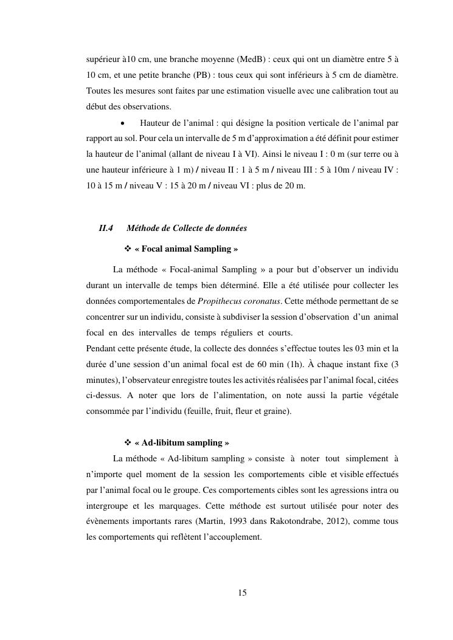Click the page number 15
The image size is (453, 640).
pyautogui.click(x=242, y=593)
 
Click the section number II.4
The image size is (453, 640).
pyautogui.click(x=106, y=229)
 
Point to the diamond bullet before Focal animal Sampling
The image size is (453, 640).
pyautogui.click(x=128, y=249)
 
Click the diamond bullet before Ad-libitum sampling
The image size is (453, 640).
pyautogui.click(x=128, y=442)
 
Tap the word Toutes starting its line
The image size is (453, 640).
pyautogui.click(x=97, y=91)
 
